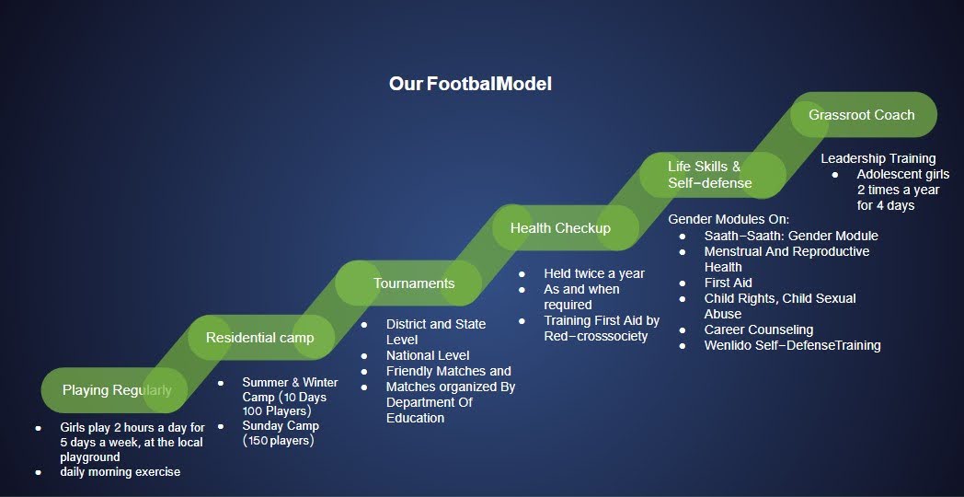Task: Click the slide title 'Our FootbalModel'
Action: pyautogui.click(x=470, y=85)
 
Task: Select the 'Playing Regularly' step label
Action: pyautogui.click(x=117, y=390)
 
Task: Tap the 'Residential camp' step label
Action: pyautogui.click(x=260, y=338)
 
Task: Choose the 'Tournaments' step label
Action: pyautogui.click(x=414, y=283)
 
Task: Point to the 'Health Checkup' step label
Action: pyautogui.click(x=560, y=228)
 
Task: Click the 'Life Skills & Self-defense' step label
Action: pyautogui.click(x=710, y=175)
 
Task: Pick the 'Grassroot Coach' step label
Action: pyautogui.click(x=861, y=115)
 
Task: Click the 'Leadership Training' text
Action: pyautogui.click(x=878, y=158)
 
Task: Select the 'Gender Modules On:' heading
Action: pyautogui.click(x=729, y=219)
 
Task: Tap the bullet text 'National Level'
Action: pyautogui.click(x=428, y=355)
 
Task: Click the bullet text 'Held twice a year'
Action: pyautogui.click(x=594, y=273)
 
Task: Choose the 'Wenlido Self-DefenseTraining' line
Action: pyautogui.click(x=793, y=346)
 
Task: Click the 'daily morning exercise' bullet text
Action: pyautogui.click(x=120, y=472)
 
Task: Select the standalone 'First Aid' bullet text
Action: pyautogui.click(x=729, y=283)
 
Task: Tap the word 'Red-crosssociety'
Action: pyautogui.click(x=596, y=337)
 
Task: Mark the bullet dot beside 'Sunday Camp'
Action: pyautogui.click(x=221, y=425)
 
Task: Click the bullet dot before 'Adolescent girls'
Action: pyautogui.click(x=835, y=175)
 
